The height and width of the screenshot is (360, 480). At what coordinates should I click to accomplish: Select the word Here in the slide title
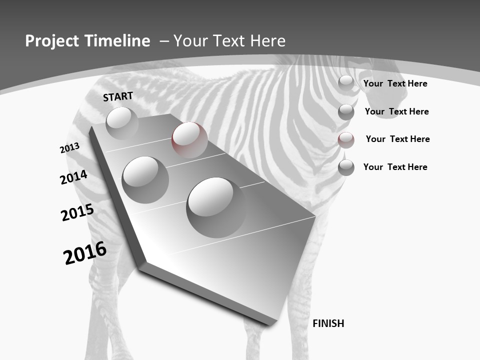pyautogui.click(x=267, y=41)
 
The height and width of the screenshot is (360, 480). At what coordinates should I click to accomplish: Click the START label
pyautogui.click(x=118, y=96)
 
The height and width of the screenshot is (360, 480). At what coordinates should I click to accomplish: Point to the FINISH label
pyautogui.click(x=328, y=323)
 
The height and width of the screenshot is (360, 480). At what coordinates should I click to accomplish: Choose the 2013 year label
pyautogui.click(x=69, y=148)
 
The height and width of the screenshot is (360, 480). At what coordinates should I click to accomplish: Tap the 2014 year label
pyautogui.click(x=73, y=177)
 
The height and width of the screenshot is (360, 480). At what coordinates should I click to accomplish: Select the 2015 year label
pyautogui.click(x=77, y=212)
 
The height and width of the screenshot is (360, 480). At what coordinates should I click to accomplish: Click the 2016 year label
pyautogui.click(x=85, y=253)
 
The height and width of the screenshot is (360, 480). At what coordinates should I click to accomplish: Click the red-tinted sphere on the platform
pyautogui.click(x=189, y=139)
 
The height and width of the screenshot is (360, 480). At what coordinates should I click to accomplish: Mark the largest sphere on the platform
pyautogui.click(x=216, y=207)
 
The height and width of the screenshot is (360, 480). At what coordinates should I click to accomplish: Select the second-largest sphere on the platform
pyautogui.click(x=145, y=179)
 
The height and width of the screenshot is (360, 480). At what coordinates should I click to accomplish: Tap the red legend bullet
pyautogui.click(x=346, y=140)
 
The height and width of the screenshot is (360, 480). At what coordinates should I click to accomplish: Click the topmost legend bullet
pyautogui.click(x=346, y=83)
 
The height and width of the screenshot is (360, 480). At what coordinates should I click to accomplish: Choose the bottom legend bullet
pyautogui.click(x=346, y=167)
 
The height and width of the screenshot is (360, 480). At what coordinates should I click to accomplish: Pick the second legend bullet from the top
pyautogui.click(x=346, y=112)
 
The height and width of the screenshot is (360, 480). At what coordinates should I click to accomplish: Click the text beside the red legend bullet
pyautogui.click(x=397, y=139)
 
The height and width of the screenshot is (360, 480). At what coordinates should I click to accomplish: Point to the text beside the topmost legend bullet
pyautogui.click(x=395, y=83)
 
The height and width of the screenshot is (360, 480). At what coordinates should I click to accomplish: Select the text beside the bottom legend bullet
pyautogui.click(x=395, y=167)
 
